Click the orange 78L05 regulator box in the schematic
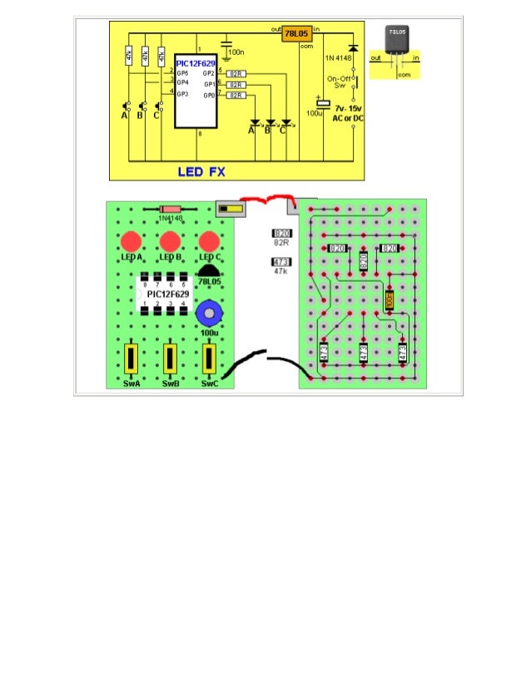pos(297,34)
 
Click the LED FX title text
pos(201,172)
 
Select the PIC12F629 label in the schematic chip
pos(196,62)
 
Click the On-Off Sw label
pos(339,82)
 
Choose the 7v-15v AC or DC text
pos(348,114)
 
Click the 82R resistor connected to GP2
pos(236,74)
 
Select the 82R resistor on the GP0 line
pos(236,96)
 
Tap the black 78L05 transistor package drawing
pos(397,40)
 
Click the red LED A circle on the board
pos(131,242)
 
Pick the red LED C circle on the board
pos(209,242)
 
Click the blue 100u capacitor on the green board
pos(208,315)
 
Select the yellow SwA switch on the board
pos(131,360)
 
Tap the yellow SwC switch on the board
pos(209,360)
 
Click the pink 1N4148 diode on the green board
pos(171,209)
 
